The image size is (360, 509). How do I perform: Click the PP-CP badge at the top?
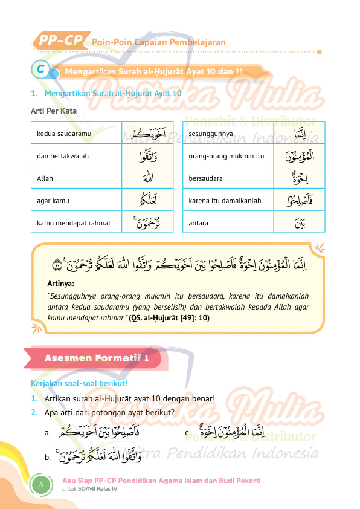[61, 41]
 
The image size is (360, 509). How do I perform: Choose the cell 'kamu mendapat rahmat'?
[74, 223]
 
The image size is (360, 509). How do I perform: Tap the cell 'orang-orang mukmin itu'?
[227, 156]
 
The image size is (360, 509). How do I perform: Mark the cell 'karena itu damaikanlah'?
[225, 201]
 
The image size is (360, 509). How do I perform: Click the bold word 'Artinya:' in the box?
[60, 283]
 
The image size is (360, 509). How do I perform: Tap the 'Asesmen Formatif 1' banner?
[97, 358]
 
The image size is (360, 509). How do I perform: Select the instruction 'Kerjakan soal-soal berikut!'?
[79, 384]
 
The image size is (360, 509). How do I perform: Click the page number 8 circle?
[41, 485]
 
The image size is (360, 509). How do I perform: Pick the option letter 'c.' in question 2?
[188, 433]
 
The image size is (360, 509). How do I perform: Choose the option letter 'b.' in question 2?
[47, 458]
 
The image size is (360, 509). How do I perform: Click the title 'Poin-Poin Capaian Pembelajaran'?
[159, 42]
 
